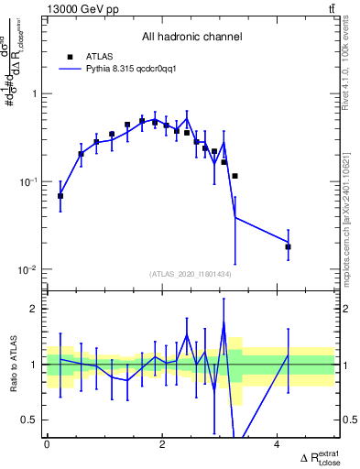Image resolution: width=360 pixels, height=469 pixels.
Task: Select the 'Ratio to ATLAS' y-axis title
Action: tap(12, 365)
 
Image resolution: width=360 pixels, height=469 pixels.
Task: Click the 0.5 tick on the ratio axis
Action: tap(32, 420)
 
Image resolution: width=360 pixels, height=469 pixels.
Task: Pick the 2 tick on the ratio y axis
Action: tap(37, 309)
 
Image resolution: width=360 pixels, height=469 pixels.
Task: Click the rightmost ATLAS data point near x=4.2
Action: tap(288, 246)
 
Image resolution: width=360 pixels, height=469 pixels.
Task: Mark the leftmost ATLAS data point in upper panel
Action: tap(60, 196)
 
